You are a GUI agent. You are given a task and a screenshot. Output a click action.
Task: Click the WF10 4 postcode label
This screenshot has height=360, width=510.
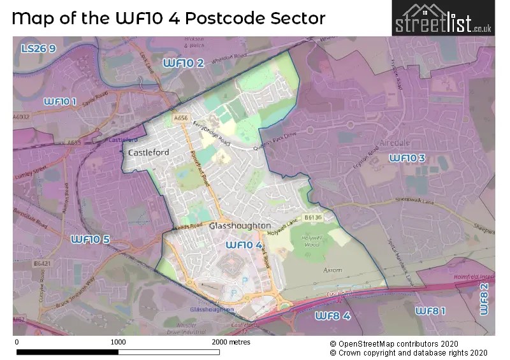[x=244, y=245]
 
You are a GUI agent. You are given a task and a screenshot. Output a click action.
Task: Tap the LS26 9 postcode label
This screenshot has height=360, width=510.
[x=38, y=48]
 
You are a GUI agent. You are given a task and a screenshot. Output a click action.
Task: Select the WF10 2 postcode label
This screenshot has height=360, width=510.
[x=184, y=62]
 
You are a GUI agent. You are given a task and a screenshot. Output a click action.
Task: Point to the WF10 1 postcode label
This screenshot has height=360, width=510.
[x=60, y=101]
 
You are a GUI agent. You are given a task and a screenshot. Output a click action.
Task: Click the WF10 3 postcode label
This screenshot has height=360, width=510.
[x=407, y=157]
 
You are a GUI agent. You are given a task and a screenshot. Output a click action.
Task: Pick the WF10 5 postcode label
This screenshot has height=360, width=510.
[x=90, y=239]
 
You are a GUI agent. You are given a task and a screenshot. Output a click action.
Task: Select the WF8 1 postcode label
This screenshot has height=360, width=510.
[x=430, y=310]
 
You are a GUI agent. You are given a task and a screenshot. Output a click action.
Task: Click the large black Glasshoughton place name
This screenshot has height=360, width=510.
[x=240, y=226]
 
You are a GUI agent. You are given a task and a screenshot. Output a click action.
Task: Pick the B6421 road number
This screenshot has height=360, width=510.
[x=43, y=263]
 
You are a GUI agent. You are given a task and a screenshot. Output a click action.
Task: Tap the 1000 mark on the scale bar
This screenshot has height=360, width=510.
[x=118, y=342]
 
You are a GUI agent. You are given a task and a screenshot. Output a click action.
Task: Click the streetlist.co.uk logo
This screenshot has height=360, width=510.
[x=443, y=19]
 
